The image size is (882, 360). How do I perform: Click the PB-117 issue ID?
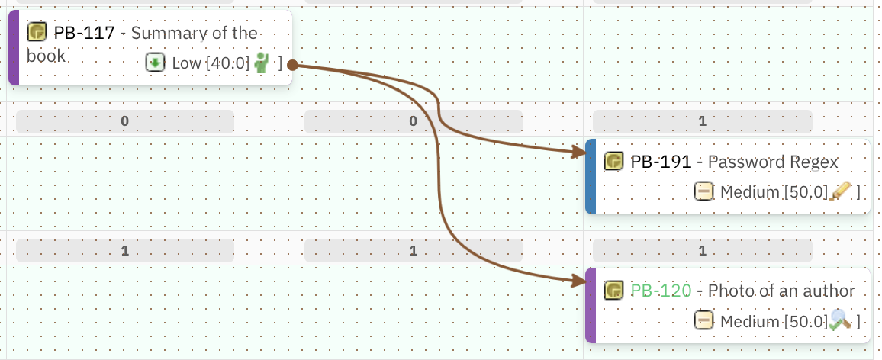click(84, 33)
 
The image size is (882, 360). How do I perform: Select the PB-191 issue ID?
click(661, 162)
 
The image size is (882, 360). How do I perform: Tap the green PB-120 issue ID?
click(661, 291)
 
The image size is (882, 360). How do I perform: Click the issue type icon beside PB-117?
click(37, 32)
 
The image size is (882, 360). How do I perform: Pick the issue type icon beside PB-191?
click(613, 162)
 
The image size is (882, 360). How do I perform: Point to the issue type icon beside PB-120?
click(613, 291)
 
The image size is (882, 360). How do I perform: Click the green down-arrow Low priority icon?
click(156, 63)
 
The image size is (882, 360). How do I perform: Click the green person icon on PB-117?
click(262, 63)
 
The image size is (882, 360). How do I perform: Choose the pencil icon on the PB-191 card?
click(840, 191)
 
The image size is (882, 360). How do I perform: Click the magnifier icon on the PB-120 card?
click(840, 320)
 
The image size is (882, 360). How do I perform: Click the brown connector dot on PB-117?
click(292, 66)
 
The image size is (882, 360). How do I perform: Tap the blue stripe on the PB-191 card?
click(590, 176)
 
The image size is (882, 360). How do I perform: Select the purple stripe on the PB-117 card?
click(13, 47)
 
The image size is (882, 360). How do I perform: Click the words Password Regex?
click(773, 162)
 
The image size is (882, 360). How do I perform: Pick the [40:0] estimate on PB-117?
click(227, 63)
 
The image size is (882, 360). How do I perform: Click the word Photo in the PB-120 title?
click(729, 291)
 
